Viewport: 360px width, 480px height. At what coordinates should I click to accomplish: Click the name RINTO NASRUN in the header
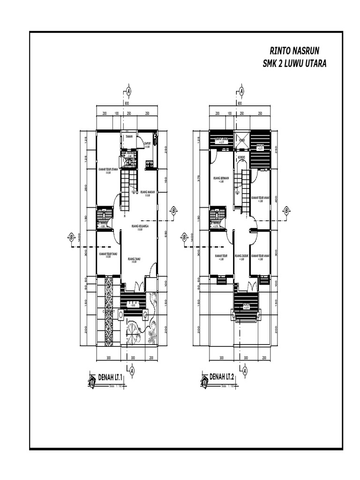pyautogui.click(x=293, y=51)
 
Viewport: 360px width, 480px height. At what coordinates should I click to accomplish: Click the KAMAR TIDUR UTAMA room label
pyautogui.click(x=108, y=170)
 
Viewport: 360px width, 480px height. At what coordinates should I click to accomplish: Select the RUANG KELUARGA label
pyautogui.click(x=140, y=226)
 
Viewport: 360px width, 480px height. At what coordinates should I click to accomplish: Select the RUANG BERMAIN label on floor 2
pyautogui.click(x=220, y=178)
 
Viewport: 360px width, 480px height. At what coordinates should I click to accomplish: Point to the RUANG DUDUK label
pyautogui.click(x=242, y=256)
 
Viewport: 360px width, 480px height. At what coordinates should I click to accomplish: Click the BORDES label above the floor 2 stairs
pyautogui.click(x=241, y=157)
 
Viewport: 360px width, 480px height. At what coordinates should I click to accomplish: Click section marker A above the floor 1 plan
pyautogui.click(x=129, y=91)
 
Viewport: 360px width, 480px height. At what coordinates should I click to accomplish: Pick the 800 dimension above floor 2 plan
pyautogui.click(x=240, y=103)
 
